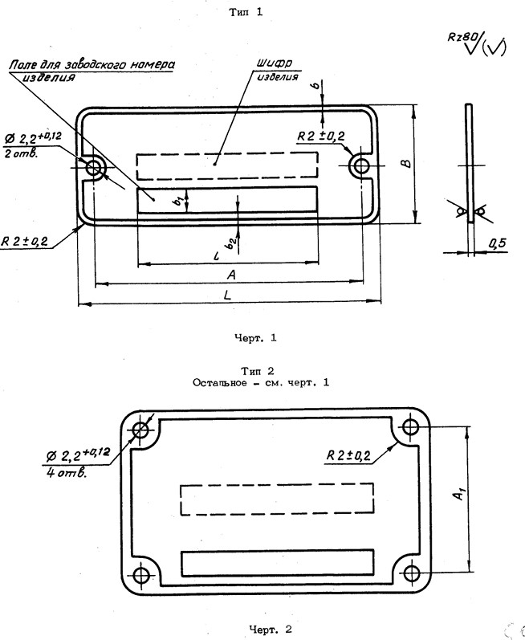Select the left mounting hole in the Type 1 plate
(x=96, y=167)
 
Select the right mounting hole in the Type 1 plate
(x=360, y=166)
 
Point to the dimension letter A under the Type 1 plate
(x=230, y=274)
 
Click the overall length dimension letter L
(x=229, y=296)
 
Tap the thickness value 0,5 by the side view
(x=499, y=242)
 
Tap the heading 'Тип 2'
(x=258, y=370)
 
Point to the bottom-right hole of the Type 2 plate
(x=410, y=574)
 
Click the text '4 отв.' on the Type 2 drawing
(x=67, y=471)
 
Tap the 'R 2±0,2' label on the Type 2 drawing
(x=348, y=455)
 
